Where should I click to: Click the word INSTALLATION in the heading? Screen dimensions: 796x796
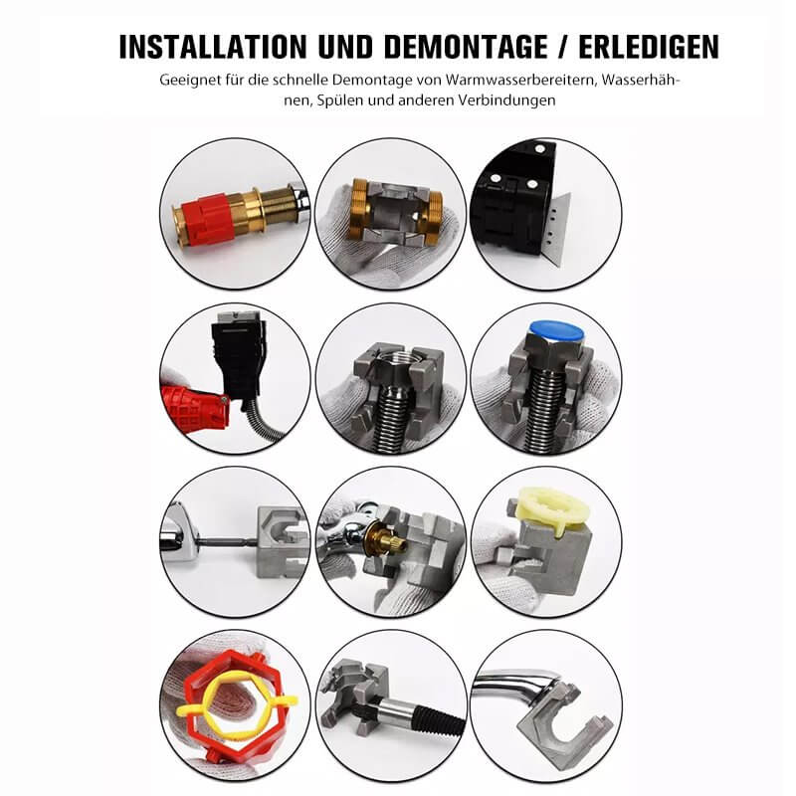coord(213,47)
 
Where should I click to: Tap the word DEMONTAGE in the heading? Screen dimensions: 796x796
coord(466,47)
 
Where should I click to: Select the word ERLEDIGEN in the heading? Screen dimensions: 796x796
coord(649,47)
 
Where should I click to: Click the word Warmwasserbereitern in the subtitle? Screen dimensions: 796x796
coord(520,81)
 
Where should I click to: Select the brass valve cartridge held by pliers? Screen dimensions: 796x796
coord(388,543)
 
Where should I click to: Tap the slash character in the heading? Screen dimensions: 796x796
coord(563,47)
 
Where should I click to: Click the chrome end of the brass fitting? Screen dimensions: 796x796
coord(300,201)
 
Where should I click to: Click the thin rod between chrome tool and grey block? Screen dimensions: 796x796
coord(227,542)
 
